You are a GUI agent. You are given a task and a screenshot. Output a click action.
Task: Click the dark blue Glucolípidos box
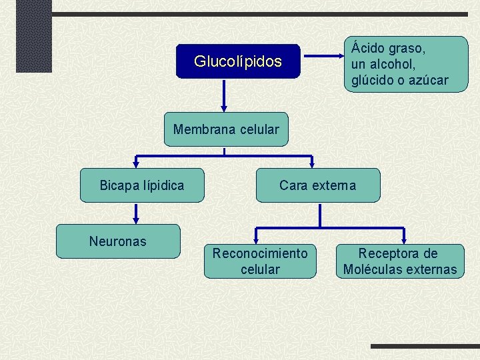click(238, 62)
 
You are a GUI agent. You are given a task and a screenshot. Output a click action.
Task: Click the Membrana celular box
click(226, 129)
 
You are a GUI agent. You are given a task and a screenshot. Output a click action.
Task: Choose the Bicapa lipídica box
click(142, 185)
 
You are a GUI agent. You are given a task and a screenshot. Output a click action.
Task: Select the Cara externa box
click(318, 185)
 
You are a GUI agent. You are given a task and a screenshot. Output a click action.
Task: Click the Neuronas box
click(118, 241)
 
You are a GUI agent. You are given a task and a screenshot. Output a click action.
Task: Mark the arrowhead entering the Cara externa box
click(312, 163)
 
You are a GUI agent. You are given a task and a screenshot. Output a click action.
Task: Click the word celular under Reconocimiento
click(260, 269)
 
